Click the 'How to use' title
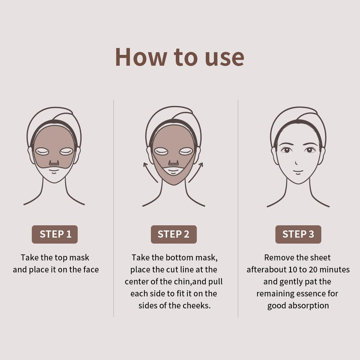click(179, 56)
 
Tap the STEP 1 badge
click(55, 234)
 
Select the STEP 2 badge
click(173, 234)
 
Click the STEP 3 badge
click(298, 234)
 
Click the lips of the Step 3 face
click(298, 171)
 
